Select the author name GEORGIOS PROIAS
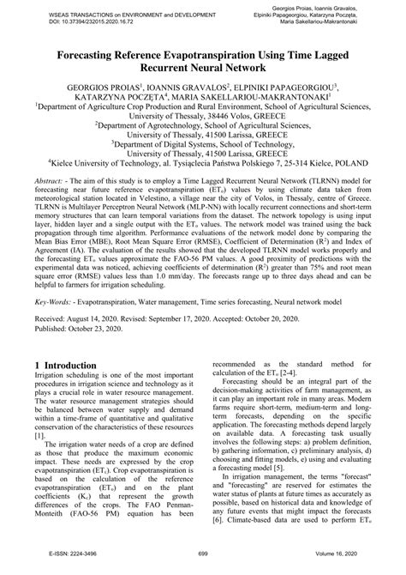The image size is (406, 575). [93, 87]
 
